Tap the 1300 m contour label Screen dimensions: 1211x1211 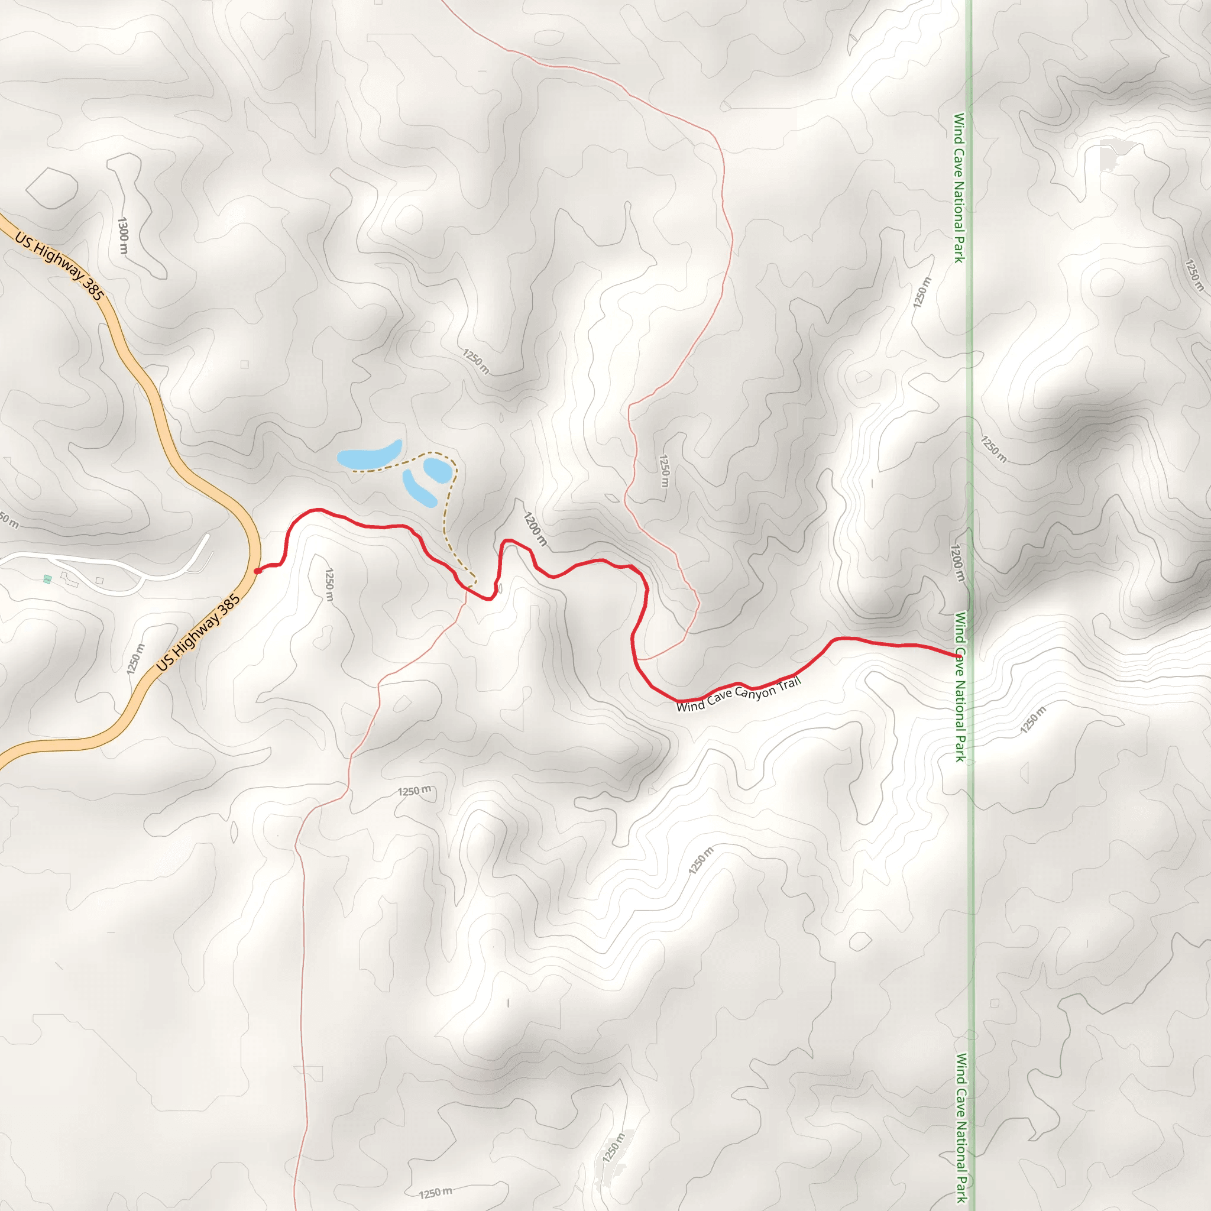click(x=124, y=236)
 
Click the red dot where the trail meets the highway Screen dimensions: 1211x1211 click(x=257, y=571)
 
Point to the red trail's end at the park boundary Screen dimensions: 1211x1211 click(x=958, y=656)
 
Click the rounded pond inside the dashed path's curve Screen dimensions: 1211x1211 click(x=437, y=470)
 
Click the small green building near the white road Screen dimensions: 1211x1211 click(x=48, y=579)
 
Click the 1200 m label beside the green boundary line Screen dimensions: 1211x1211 click(x=957, y=563)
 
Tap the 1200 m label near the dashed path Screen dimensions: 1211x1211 click(x=535, y=529)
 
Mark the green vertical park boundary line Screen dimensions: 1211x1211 click(x=970, y=376)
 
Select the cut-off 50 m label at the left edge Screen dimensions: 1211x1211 click(x=9, y=520)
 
